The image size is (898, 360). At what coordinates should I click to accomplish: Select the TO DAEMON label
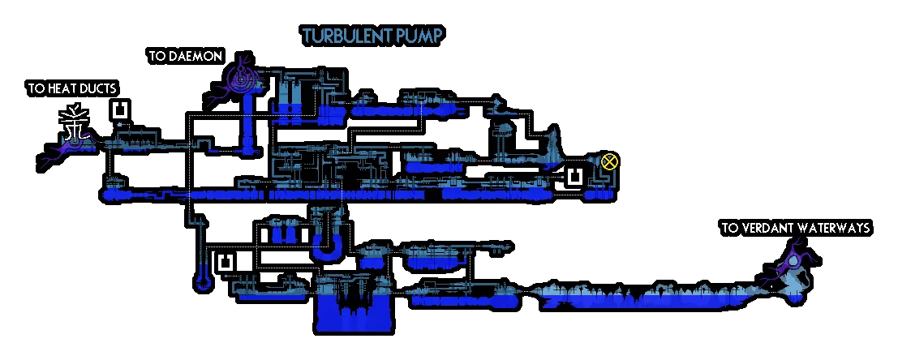click(185, 57)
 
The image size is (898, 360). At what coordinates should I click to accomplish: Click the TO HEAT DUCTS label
click(72, 88)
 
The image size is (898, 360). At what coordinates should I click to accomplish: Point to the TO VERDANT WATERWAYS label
click(795, 229)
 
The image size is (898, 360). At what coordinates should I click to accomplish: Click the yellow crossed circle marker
click(610, 161)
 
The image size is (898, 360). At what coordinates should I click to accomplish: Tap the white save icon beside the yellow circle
click(575, 177)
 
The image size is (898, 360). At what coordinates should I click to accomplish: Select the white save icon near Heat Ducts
click(120, 110)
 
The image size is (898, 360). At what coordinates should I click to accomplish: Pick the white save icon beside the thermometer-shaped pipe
click(226, 263)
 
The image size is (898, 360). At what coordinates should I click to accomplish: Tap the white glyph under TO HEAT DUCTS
click(75, 126)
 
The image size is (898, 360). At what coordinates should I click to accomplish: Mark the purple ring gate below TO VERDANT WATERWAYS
click(792, 264)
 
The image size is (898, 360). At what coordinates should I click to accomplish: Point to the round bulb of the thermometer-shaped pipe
click(201, 283)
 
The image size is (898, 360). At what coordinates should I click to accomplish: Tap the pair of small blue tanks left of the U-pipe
click(283, 234)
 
